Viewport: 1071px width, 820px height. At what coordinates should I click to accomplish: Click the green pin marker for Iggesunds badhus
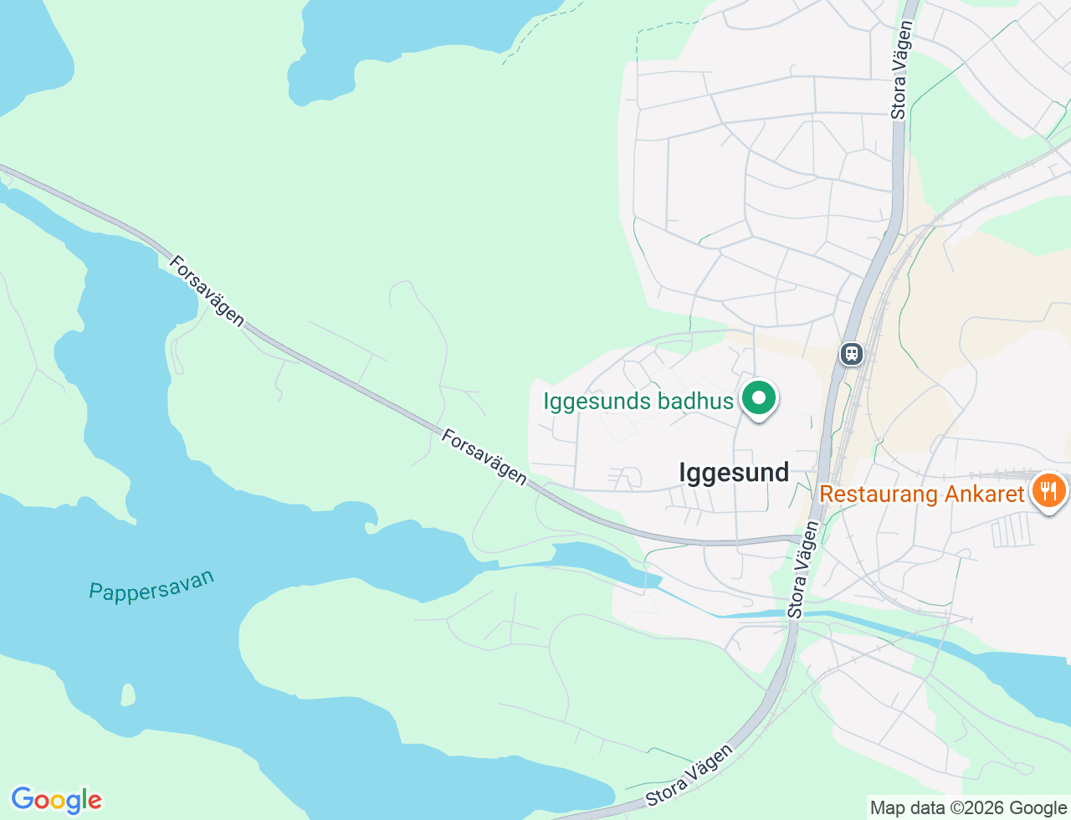(x=759, y=398)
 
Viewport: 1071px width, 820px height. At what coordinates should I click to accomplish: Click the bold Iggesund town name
(x=734, y=473)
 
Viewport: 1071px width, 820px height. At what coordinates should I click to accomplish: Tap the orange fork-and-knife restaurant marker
(x=1048, y=490)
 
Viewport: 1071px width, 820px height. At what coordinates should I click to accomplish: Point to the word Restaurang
(x=879, y=494)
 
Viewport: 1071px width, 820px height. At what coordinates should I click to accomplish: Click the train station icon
(x=852, y=354)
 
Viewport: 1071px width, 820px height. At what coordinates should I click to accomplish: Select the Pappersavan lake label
(x=151, y=586)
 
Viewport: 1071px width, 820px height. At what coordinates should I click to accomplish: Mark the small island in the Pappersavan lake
(x=128, y=694)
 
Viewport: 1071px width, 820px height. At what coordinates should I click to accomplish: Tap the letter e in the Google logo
(x=95, y=802)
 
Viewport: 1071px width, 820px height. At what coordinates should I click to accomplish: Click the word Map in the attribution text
(x=887, y=808)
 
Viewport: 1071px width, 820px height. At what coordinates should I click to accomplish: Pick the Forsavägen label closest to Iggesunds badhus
(x=484, y=457)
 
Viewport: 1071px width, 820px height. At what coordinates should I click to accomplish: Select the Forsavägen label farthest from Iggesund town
(x=206, y=290)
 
